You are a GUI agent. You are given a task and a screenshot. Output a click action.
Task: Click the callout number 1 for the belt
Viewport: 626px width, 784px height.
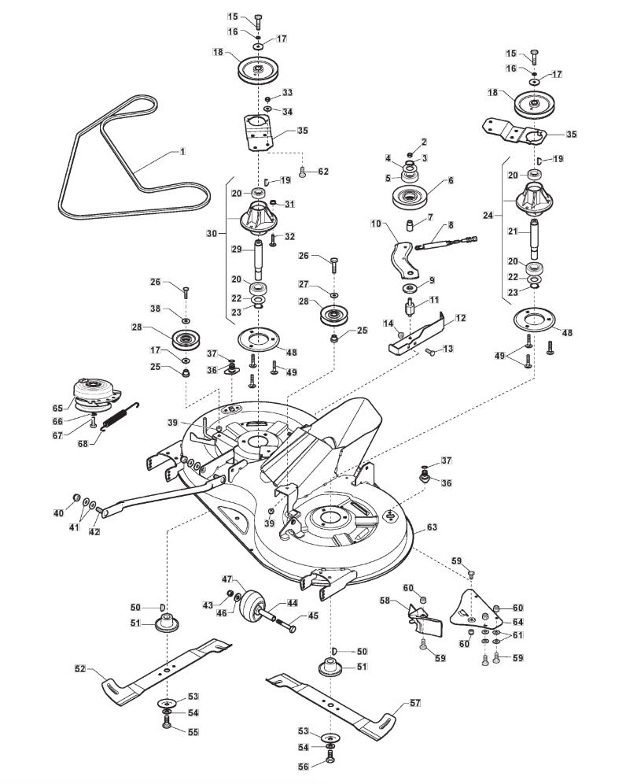point(182,150)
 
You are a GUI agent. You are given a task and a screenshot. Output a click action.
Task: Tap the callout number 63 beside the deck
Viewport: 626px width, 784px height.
point(432,527)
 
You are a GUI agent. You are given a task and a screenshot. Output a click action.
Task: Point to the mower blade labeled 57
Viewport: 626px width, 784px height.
point(330,696)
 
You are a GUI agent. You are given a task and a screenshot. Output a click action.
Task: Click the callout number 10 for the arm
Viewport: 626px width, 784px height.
point(375,224)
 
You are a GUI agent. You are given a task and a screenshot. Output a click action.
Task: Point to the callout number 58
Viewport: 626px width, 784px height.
point(385,601)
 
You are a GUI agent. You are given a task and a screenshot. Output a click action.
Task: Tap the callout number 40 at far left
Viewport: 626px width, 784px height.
point(58,513)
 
